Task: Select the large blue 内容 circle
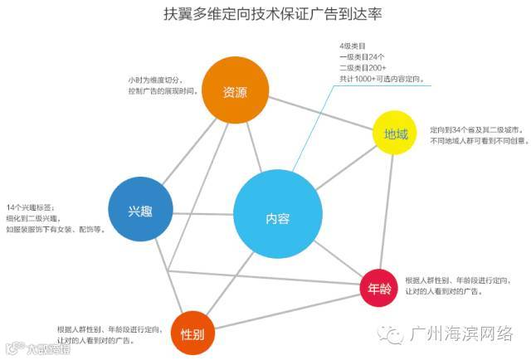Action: [x=277, y=217]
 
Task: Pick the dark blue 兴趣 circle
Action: [x=139, y=210]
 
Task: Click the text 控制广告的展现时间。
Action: [x=163, y=91]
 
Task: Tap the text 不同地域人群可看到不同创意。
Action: [x=478, y=141]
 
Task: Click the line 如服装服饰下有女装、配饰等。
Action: [x=55, y=228]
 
